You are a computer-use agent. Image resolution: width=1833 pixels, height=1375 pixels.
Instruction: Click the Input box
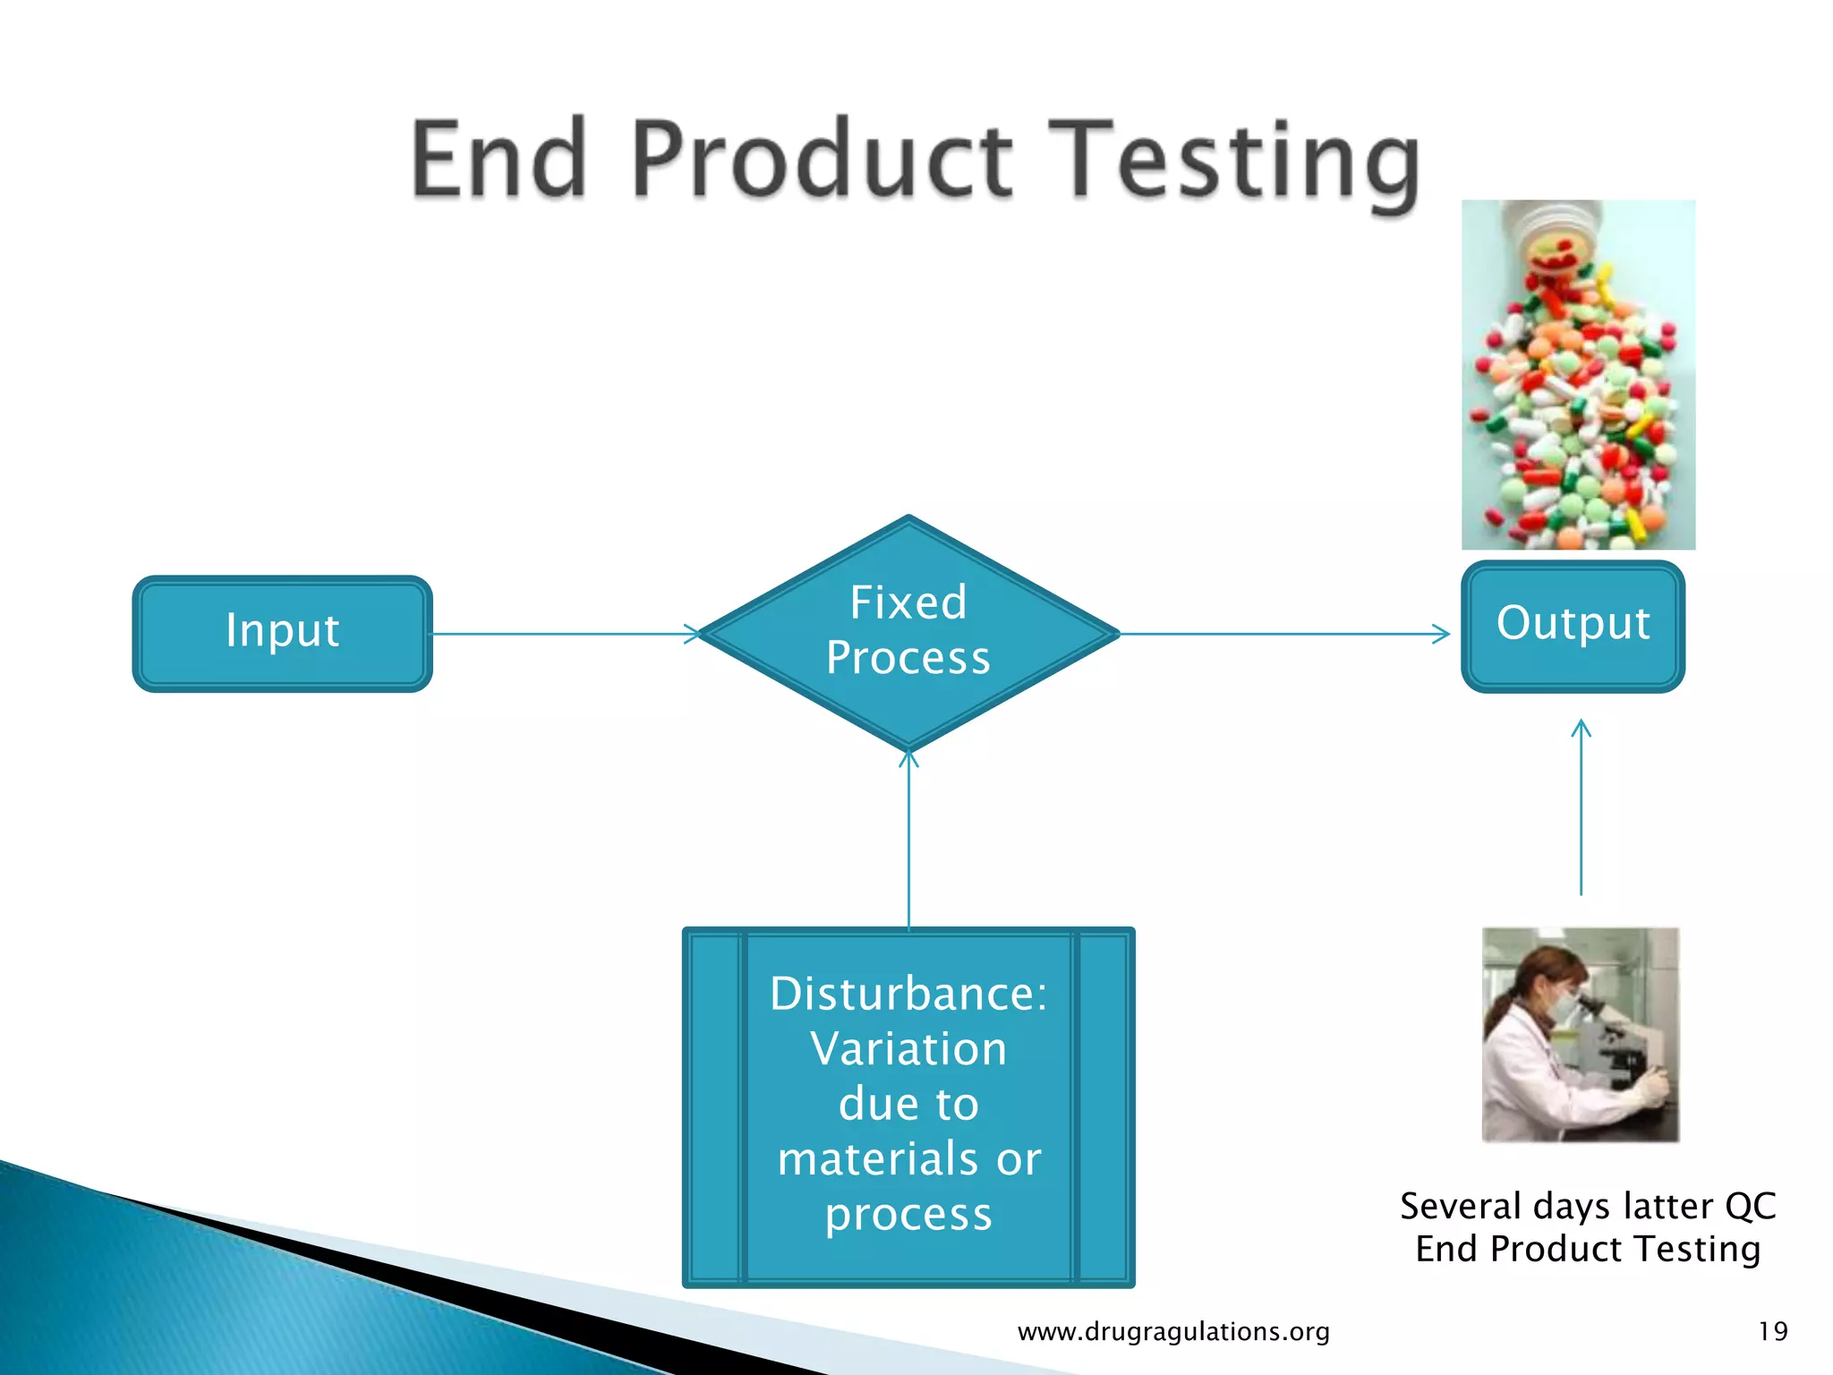click(282, 632)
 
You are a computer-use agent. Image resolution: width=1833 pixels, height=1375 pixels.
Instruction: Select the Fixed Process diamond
click(908, 632)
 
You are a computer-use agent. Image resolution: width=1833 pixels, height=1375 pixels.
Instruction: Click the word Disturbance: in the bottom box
click(908, 994)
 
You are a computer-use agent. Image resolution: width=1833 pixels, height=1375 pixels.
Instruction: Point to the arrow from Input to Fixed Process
click(564, 634)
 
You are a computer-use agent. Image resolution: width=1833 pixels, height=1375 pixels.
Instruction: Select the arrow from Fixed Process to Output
click(1284, 634)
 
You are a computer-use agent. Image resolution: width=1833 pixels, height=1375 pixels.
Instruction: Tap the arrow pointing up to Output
click(1581, 806)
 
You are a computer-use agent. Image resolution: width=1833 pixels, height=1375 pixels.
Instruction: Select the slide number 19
click(1772, 1331)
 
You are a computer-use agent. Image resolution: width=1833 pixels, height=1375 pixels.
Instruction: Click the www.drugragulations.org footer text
click(1173, 1331)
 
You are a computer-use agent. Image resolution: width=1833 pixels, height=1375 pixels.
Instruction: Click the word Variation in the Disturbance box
click(908, 1049)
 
